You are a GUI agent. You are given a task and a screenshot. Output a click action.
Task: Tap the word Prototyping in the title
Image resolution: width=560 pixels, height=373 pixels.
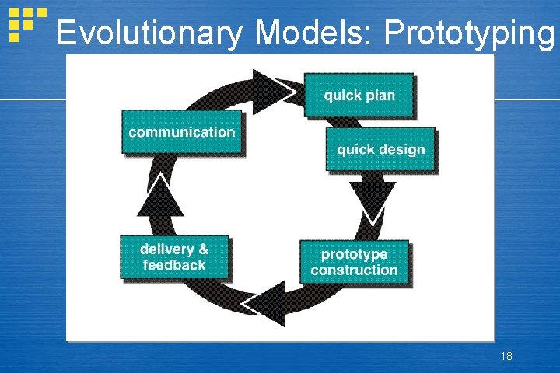(x=471, y=34)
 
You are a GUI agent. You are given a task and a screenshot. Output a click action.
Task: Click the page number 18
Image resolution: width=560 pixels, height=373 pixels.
(x=506, y=356)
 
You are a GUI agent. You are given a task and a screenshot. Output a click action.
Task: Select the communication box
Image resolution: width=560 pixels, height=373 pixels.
(x=181, y=132)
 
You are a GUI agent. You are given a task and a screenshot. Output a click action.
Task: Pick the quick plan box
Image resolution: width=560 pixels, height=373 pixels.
(x=359, y=96)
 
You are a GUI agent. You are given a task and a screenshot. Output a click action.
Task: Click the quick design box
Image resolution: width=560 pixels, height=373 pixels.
(x=380, y=149)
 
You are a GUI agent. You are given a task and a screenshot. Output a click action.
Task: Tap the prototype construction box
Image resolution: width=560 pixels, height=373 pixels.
(x=354, y=262)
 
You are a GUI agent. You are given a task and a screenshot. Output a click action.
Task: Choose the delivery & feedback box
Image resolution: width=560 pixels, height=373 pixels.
(x=174, y=257)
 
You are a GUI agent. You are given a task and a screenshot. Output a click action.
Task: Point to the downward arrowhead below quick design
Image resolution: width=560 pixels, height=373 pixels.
(x=372, y=200)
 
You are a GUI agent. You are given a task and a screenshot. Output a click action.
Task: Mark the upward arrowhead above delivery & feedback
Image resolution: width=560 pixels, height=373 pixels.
(x=160, y=196)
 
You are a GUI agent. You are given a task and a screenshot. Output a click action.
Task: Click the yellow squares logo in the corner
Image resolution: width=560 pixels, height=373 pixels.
(x=24, y=23)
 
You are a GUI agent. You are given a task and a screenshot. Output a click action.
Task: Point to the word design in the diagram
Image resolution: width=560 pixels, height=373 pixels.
(x=401, y=149)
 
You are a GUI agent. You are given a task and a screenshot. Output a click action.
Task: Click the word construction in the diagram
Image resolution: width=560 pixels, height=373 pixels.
(x=354, y=270)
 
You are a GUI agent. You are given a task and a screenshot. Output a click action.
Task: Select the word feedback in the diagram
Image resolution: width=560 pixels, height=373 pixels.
(x=174, y=265)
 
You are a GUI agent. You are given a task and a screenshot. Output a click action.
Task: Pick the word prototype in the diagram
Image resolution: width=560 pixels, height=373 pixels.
(x=354, y=254)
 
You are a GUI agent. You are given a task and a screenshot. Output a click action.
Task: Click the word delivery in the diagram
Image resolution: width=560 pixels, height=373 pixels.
(x=166, y=249)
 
